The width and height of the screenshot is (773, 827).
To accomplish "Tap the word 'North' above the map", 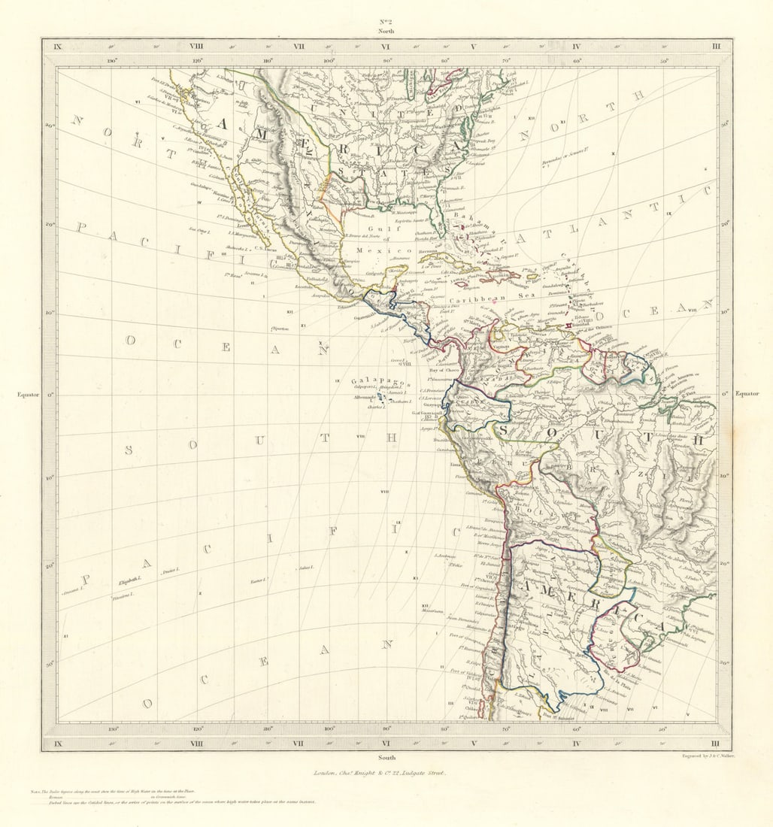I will (x=386, y=32).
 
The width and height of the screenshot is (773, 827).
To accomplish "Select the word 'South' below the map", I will (x=386, y=757).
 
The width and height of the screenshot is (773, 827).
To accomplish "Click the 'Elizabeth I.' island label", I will (x=129, y=580).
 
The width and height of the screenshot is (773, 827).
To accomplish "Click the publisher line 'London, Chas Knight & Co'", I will (x=384, y=772).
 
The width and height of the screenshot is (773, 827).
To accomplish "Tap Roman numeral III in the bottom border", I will (x=716, y=744).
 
